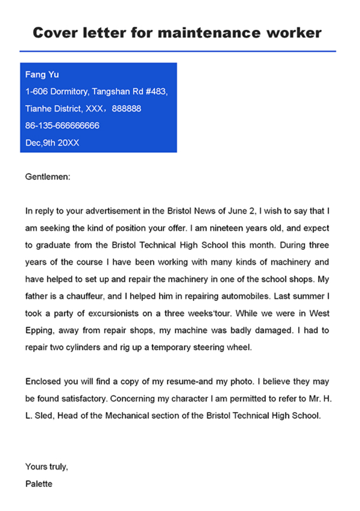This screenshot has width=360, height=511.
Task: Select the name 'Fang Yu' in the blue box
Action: point(42,75)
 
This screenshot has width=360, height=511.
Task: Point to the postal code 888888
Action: point(126,109)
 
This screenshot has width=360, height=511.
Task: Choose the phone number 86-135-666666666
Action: point(62,126)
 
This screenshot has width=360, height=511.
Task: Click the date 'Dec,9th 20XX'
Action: point(52,143)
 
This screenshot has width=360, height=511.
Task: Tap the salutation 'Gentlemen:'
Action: point(47,177)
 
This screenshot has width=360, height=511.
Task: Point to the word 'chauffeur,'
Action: point(85,296)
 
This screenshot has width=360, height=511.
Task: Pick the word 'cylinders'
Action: point(83,347)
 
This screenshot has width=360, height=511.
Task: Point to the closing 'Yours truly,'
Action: point(46,467)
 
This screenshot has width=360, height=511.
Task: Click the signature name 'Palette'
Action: point(39,484)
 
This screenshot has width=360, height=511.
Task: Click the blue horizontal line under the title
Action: point(178,51)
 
